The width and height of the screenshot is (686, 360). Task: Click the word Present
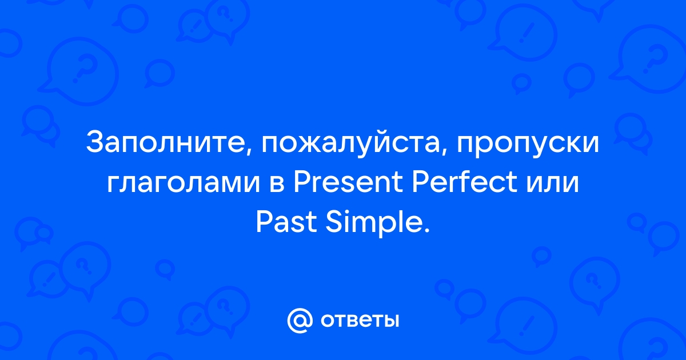pos(348,183)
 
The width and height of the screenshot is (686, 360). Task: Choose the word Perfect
pos(465,183)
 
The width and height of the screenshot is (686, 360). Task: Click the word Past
pos(286,222)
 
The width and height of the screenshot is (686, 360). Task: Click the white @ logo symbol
pos(300,321)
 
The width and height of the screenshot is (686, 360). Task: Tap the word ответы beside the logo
pos(360,321)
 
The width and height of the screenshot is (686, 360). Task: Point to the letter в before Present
pos(277,184)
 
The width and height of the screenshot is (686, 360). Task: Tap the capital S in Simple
pos(333,222)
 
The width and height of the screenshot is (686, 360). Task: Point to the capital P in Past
pos(265,222)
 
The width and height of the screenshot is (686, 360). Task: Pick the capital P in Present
pos(302,183)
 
